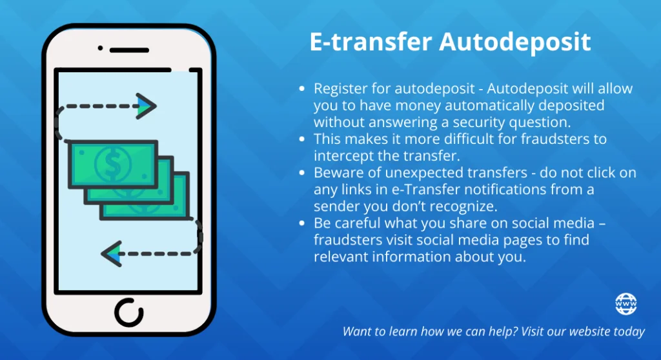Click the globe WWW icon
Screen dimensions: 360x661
625,303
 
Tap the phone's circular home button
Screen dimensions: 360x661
128,312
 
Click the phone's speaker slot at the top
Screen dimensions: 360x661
129,50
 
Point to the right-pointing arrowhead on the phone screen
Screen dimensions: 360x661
146,105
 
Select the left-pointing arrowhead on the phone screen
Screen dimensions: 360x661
112,253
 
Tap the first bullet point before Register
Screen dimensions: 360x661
302,89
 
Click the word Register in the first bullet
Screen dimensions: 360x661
337,88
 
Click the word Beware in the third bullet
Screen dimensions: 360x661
335,173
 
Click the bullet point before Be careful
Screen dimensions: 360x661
302,224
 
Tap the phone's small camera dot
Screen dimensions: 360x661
100,48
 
